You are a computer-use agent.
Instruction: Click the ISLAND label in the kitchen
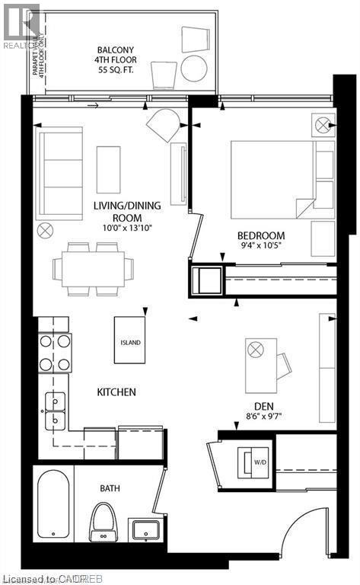130,342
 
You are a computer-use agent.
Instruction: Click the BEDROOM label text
260,235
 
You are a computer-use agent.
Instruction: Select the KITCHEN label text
116,392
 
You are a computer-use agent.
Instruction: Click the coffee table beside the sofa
108,169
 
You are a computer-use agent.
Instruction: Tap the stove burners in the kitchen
55,352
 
